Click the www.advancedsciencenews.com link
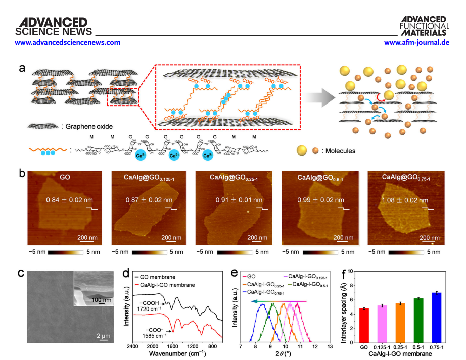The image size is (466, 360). [61, 43]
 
